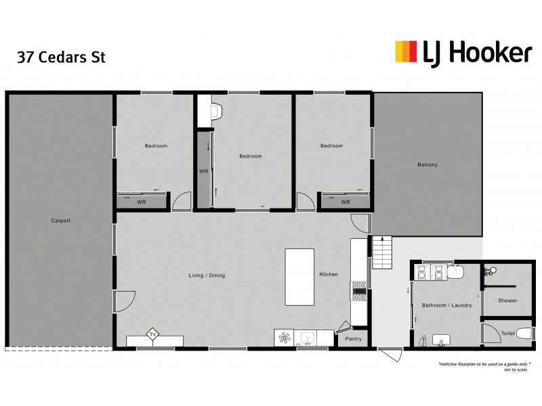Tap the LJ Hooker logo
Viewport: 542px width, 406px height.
point(463,52)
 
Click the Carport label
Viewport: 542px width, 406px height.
point(61,221)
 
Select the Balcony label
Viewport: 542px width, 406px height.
point(428,164)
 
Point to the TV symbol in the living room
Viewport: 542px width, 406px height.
point(153,335)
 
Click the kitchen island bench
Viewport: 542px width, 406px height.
point(299,277)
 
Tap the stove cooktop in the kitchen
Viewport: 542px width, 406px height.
point(358,291)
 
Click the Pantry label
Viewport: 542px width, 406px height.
point(354,338)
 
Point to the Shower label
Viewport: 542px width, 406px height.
point(507,300)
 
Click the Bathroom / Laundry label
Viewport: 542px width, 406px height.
point(447,305)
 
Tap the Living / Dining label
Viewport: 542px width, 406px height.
point(207,275)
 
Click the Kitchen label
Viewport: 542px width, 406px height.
point(329,274)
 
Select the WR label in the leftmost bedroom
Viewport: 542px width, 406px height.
point(142,202)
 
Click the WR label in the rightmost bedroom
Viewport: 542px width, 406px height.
point(346,202)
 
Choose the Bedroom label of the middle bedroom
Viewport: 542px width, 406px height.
point(250,156)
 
